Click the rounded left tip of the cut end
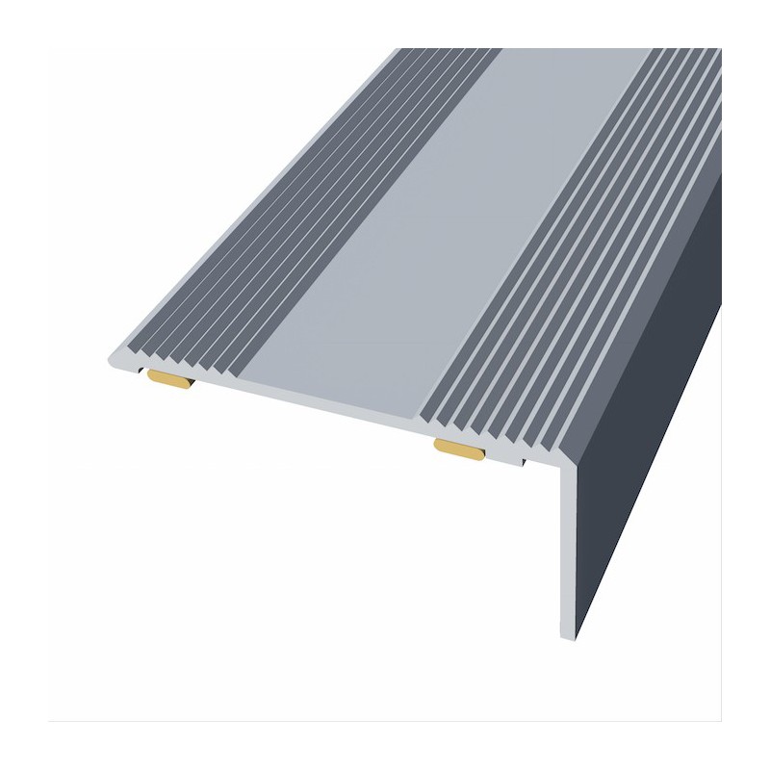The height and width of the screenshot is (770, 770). pos(112,359)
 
